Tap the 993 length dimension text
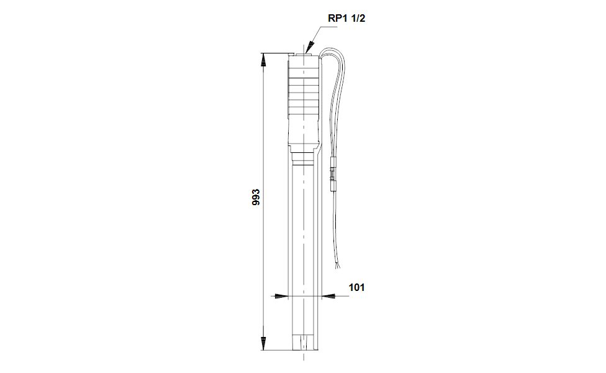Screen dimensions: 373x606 tap(255, 198)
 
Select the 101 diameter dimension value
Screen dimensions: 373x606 tap(356, 287)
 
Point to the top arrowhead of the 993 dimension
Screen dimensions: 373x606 tap(263, 60)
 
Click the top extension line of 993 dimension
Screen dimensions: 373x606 tap(276, 53)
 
